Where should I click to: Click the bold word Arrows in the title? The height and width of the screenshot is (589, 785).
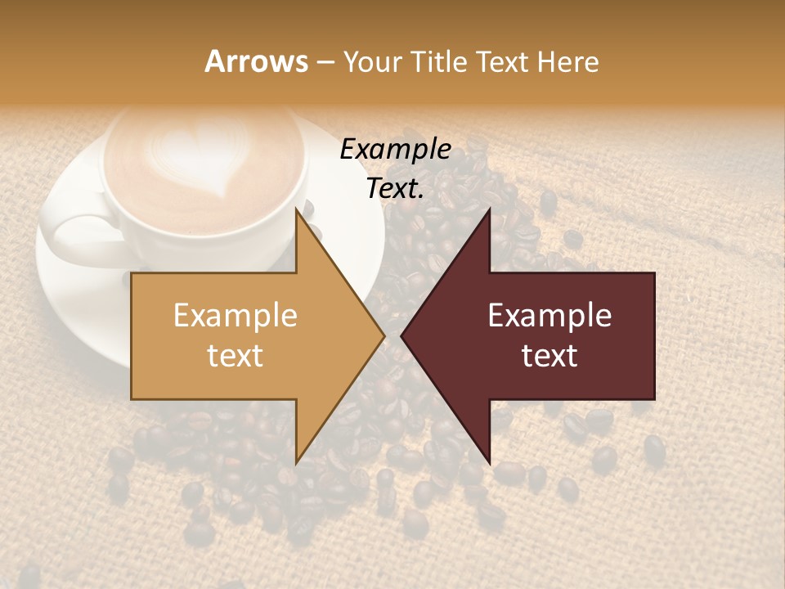point(256,61)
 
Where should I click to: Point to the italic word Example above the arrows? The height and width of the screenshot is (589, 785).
point(396,150)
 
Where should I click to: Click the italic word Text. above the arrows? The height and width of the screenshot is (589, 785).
point(396,188)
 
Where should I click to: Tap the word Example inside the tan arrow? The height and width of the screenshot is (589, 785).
point(235,315)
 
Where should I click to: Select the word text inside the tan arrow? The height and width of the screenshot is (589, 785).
point(235,355)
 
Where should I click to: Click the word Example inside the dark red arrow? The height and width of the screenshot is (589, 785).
point(549,315)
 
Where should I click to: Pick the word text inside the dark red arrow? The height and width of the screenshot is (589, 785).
point(549,355)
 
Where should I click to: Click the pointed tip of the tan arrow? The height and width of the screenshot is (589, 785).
point(382,335)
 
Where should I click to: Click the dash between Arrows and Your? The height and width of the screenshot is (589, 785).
point(325,63)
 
